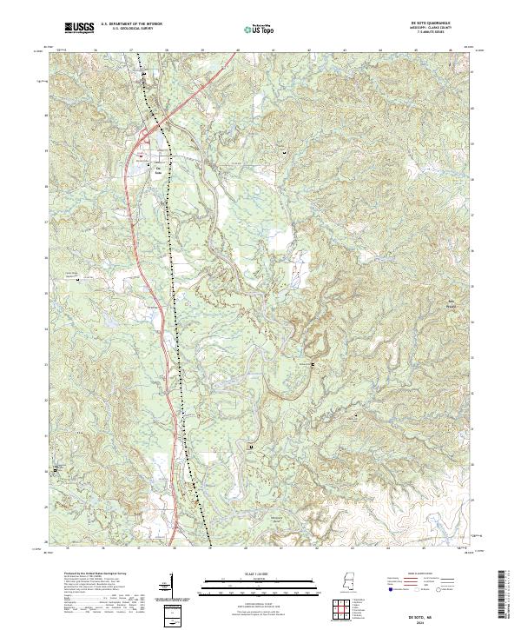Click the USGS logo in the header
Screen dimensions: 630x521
79,29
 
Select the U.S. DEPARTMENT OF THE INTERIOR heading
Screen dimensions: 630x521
131,24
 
